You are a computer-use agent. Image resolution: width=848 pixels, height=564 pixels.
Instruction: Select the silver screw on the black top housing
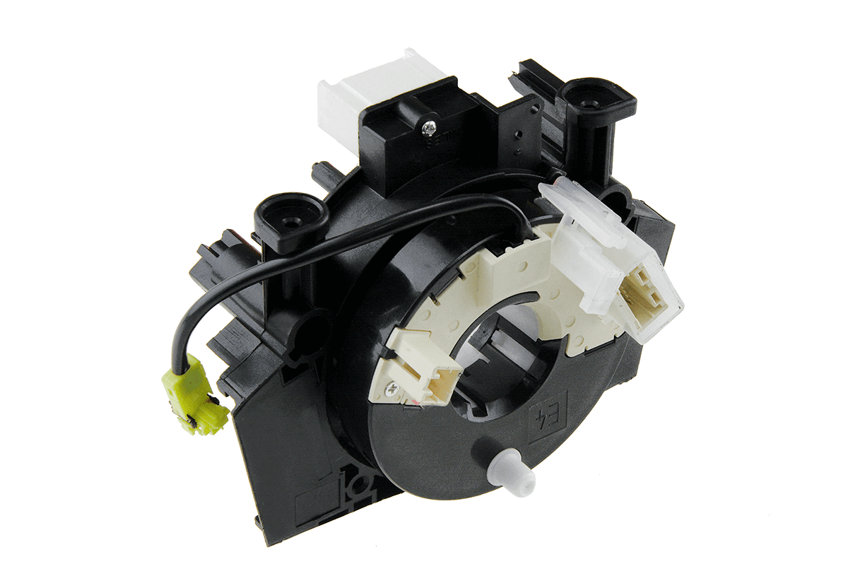click(x=428, y=127)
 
